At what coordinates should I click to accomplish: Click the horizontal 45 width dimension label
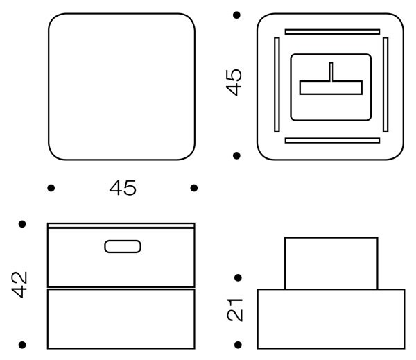point(123,188)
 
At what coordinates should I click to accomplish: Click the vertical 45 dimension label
point(234,83)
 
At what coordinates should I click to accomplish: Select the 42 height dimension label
point(19,284)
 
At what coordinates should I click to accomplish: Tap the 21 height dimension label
point(235,310)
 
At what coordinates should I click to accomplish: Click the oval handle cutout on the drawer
point(123,246)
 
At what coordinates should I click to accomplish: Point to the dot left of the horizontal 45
point(51,188)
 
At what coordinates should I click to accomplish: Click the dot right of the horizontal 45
point(194,188)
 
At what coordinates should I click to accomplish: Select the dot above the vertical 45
point(236,15)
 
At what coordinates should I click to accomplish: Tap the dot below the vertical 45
point(236,155)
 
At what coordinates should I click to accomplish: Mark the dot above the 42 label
point(22,224)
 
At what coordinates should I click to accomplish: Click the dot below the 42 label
point(22,345)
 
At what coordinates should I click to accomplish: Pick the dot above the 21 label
point(239,277)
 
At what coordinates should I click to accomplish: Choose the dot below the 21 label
point(239,345)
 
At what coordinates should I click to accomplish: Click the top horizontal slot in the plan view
point(332,32)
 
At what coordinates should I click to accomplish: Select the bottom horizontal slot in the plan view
point(332,140)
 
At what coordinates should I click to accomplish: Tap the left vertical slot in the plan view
point(277,85)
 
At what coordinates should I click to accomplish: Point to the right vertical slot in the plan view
point(385,85)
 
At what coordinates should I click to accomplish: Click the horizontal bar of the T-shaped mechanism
point(331,87)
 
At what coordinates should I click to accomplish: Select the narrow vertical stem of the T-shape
point(331,71)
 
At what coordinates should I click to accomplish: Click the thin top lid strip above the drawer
point(121,225)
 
